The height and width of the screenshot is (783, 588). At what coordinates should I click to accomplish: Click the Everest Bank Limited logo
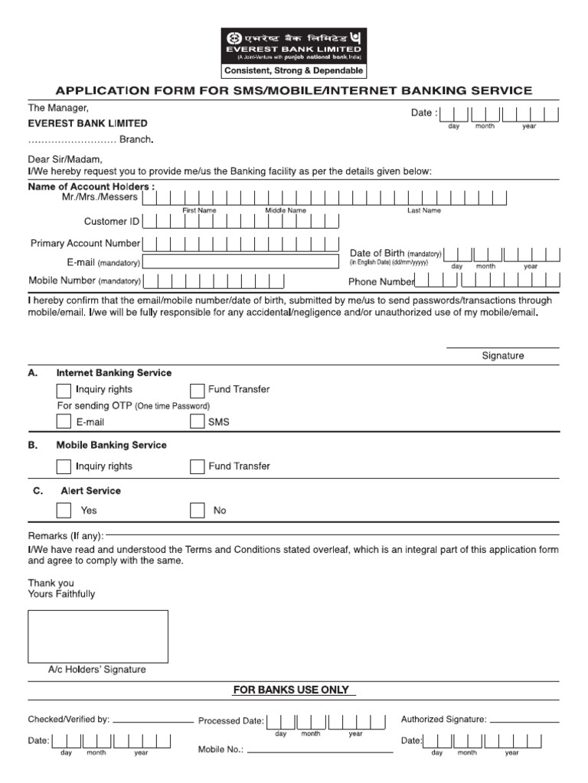(x=293, y=45)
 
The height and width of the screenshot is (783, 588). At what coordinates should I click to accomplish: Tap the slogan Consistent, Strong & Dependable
(x=293, y=71)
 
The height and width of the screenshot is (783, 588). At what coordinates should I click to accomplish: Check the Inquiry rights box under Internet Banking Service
(x=64, y=390)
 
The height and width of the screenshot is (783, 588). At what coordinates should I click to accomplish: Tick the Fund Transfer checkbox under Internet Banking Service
(x=197, y=390)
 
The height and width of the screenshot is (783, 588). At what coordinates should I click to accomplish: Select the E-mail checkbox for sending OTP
(x=64, y=422)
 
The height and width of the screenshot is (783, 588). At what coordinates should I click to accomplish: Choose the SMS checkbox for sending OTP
(x=197, y=422)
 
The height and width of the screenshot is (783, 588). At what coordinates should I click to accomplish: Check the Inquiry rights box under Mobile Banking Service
(x=64, y=466)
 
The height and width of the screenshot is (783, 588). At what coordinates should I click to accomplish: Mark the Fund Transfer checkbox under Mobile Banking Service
(x=197, y=466)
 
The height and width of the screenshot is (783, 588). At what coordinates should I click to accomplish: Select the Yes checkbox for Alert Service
(x=64, y=511)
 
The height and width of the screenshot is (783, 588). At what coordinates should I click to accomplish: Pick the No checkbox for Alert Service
(x=197, y=511)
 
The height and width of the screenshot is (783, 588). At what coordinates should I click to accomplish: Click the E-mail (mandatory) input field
(x=240, y=262)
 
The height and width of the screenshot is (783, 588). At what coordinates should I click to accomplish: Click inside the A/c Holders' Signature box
(x=98, y=635)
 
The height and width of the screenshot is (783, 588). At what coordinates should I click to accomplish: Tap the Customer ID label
(x=112, y=222)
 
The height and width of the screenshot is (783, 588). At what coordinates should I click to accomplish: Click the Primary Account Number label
(x=85, y=243)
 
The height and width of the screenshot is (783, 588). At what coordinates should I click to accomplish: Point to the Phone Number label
(x=381, y=281)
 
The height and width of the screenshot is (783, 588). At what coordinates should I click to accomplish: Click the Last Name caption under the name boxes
(x=423, y=210)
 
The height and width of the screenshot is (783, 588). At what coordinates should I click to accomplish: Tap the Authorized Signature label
(x=443, y=720)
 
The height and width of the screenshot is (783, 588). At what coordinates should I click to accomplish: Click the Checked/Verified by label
(x=69, y=720)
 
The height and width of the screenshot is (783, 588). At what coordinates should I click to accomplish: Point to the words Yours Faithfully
(x=62, y=594)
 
